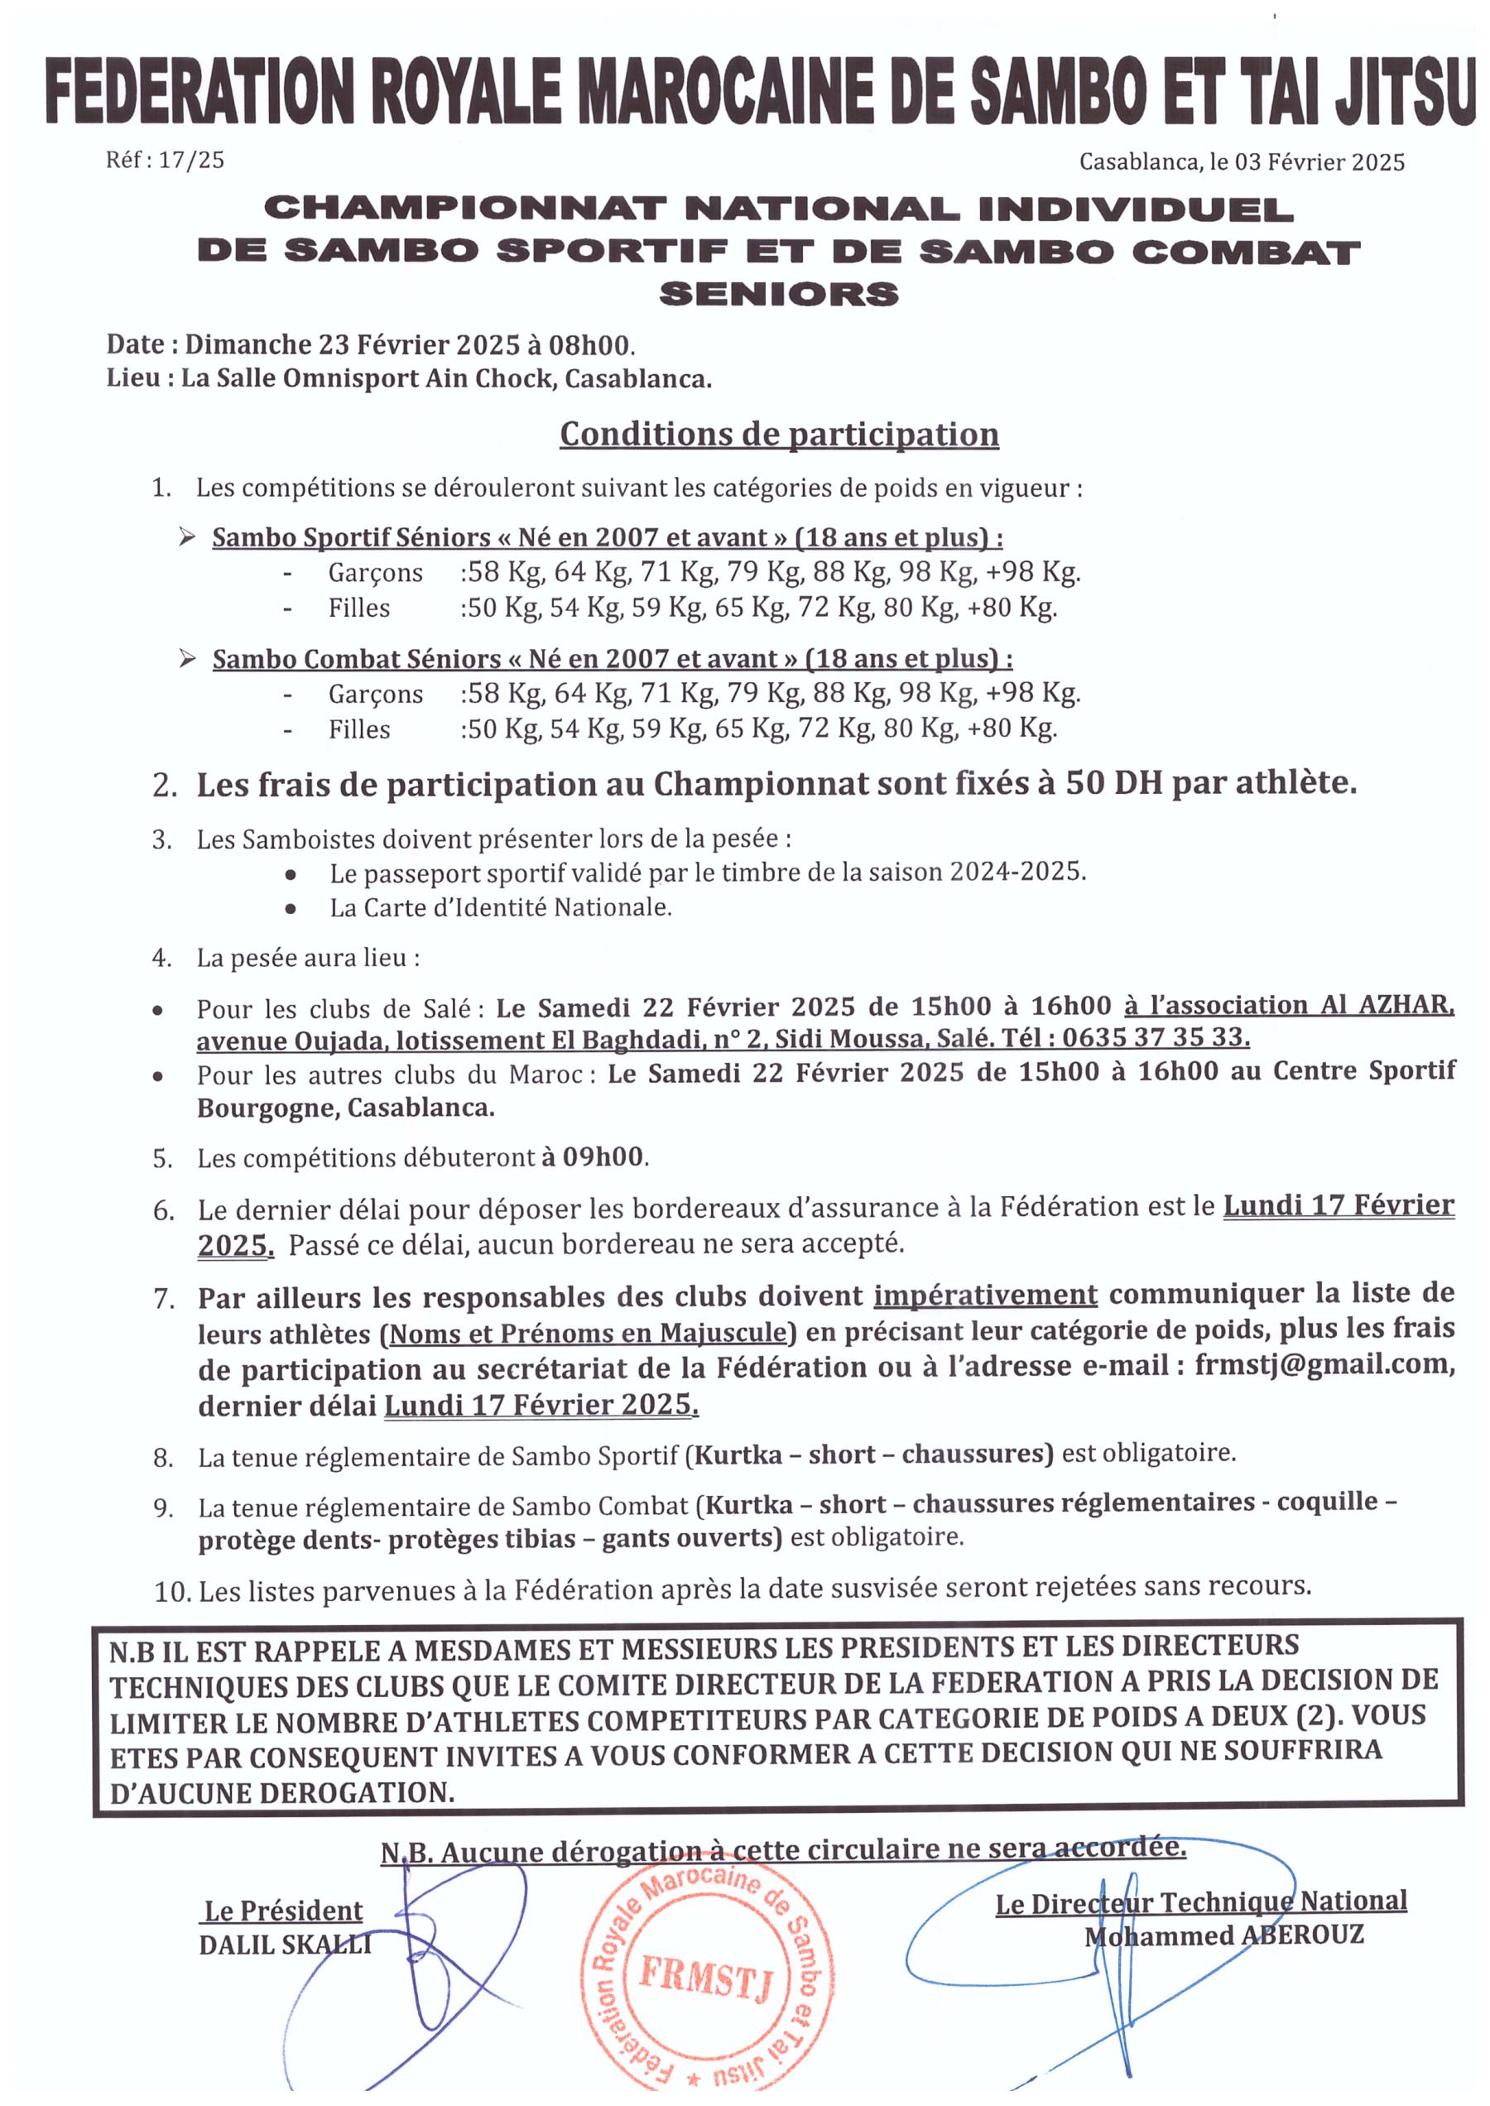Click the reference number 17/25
coord(191,160)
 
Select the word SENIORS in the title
coord(779,294)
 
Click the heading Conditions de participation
coord(779,434)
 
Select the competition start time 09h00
coord(602,1156)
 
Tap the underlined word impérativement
coord(984,1295)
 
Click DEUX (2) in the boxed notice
coord(1268,1716)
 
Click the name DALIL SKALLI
coord(285,1945)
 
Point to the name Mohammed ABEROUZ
coord(1224,1936)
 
